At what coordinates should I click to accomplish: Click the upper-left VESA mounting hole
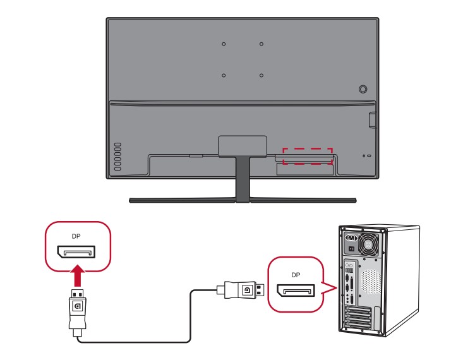click(224, 44)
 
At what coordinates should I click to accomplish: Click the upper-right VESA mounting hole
click(262, 44)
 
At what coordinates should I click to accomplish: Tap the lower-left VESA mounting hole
click(224, 75)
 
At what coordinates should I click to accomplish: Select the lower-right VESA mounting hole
click(262, 75)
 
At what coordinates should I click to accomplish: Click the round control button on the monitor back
click(363, 90)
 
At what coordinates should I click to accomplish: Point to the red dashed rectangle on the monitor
click(307, 156)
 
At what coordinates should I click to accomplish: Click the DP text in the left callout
click(76, 236)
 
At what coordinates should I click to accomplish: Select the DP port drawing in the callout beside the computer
click(296, 291)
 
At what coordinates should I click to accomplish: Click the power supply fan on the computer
click(368, 243)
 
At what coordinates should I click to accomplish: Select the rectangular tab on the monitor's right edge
click(372, 117)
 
